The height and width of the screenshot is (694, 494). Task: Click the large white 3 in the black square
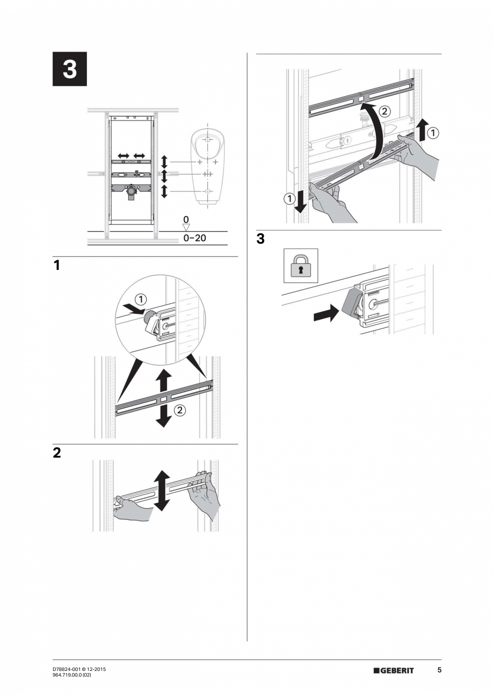point(69,69)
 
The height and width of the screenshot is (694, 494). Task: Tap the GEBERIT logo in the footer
point(394,670)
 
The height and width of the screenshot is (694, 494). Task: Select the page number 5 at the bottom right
point(439,670)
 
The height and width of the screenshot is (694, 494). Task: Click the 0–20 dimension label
point(194,237)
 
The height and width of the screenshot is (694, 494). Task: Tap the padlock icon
point(301,266)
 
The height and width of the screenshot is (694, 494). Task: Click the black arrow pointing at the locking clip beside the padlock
point(326,313)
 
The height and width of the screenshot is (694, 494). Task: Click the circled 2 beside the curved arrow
point(384,112)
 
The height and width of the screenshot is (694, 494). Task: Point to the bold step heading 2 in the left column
point(57,453)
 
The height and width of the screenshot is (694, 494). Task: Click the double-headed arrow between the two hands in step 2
point(162,490)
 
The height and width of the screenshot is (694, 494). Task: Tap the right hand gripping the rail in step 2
point(206,495)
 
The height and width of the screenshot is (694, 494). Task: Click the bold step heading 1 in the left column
point(56,265)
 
